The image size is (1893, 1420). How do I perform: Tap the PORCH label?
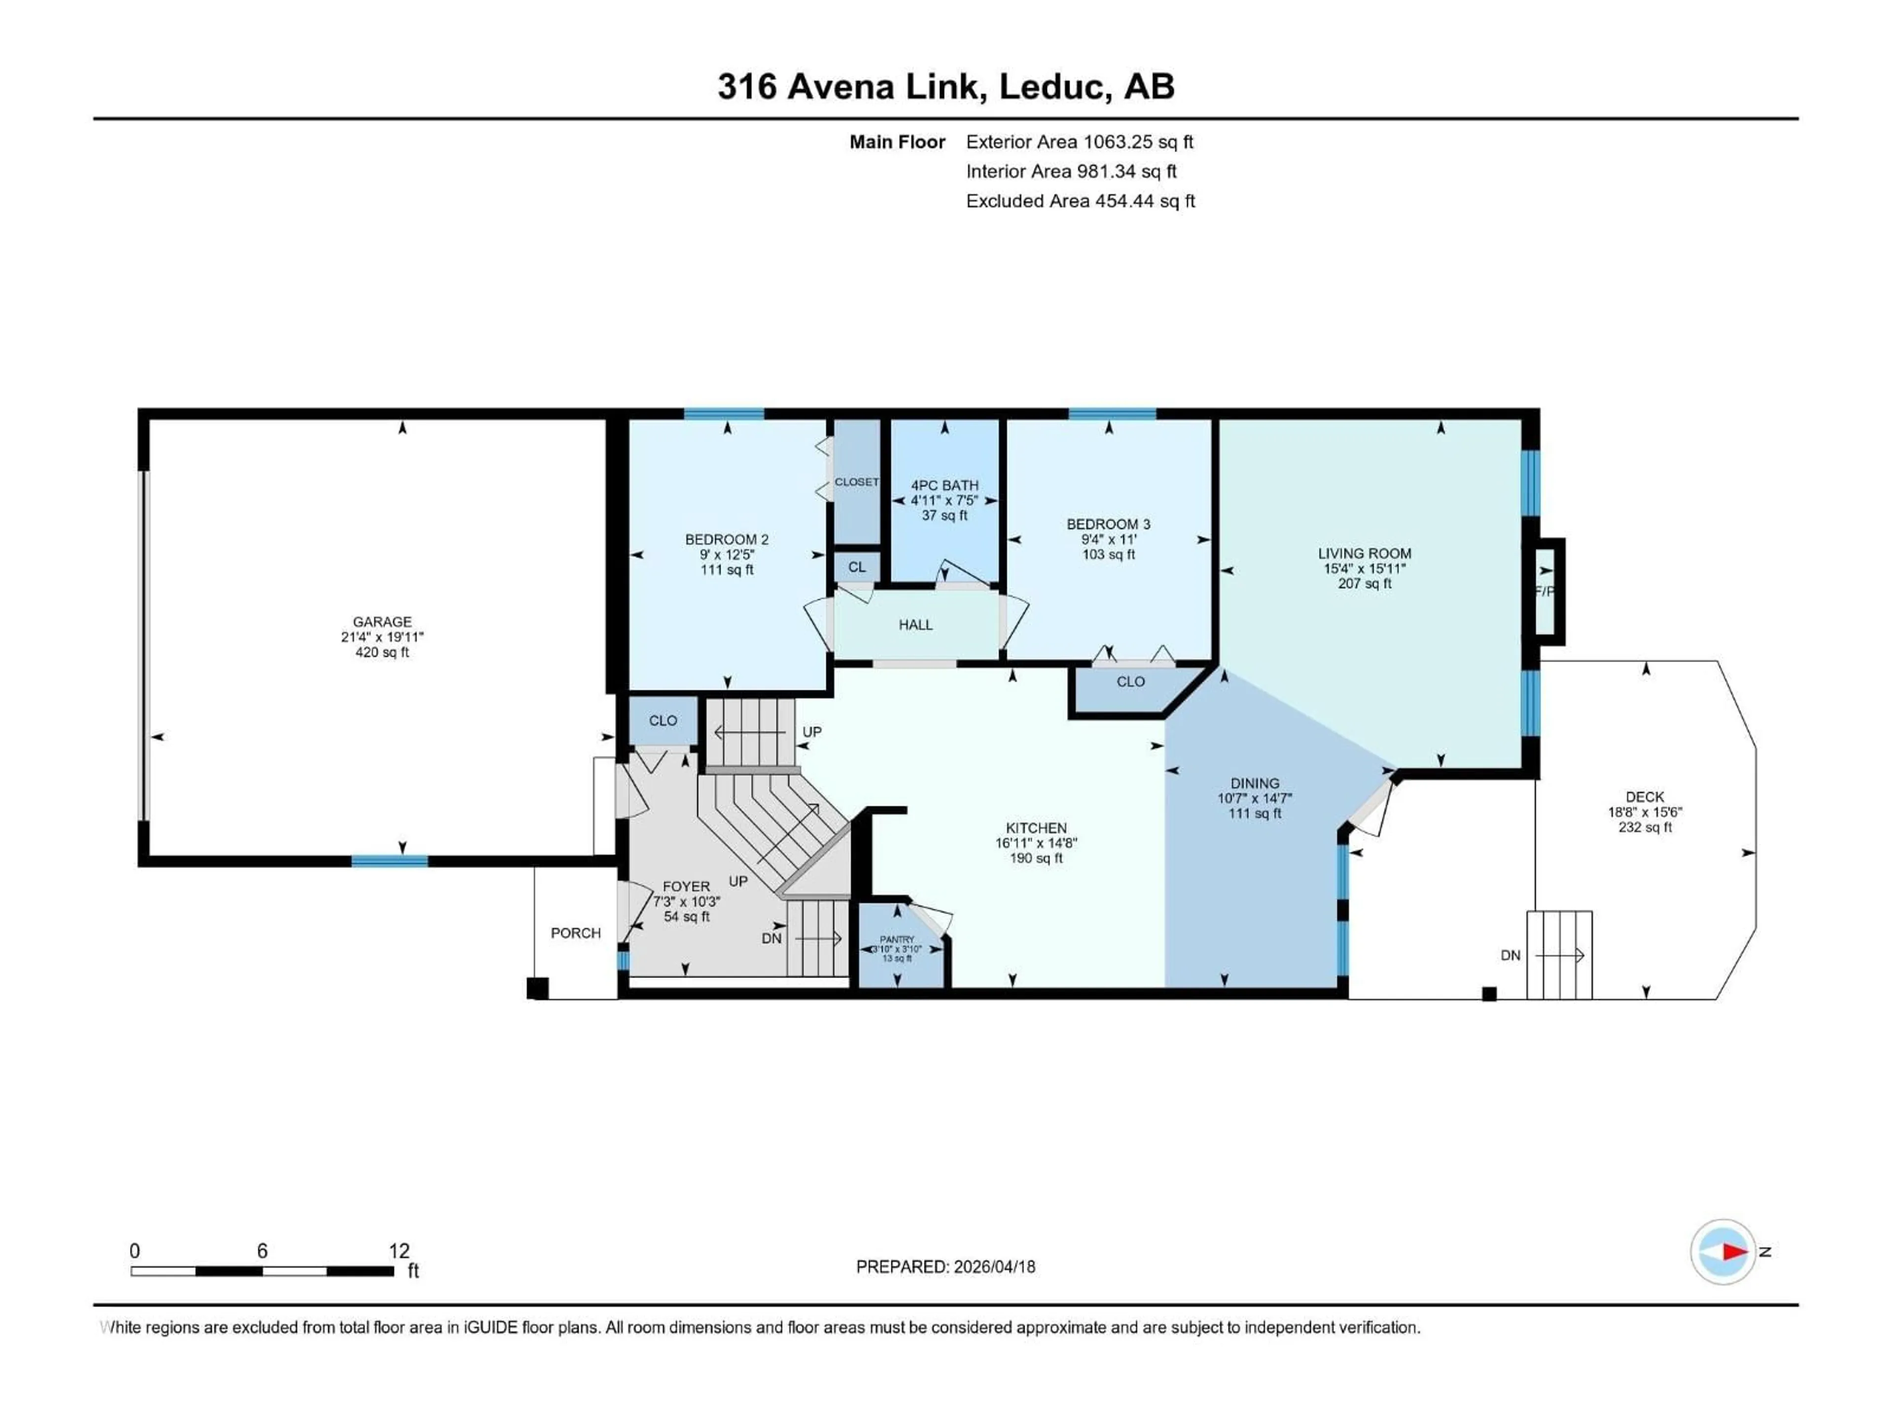575,933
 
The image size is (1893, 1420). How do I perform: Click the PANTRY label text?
897,939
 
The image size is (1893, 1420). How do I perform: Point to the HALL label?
915,625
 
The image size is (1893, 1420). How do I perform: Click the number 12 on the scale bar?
399,1250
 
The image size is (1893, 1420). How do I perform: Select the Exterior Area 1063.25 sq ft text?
1079,142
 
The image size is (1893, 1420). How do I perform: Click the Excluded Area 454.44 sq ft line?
1080,201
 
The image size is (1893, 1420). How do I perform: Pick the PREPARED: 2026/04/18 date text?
945,1267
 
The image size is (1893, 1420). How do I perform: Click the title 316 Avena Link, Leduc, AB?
946,86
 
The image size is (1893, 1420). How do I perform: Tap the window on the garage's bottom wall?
389,861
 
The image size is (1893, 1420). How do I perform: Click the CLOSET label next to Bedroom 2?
857,482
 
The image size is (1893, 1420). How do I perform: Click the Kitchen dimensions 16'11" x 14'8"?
1036,843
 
